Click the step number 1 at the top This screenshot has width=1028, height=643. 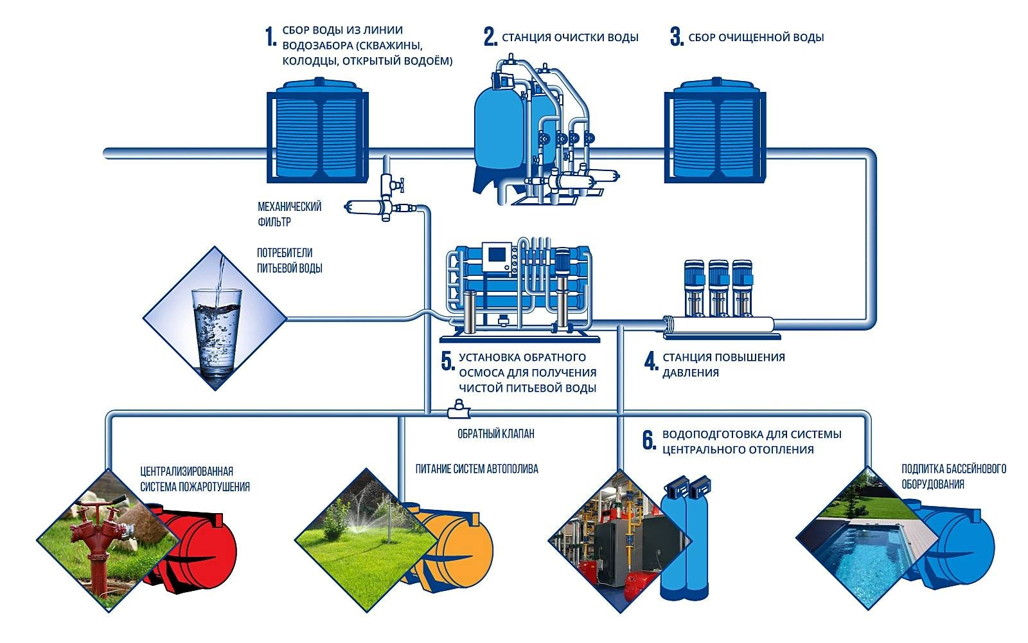tap(270, 37)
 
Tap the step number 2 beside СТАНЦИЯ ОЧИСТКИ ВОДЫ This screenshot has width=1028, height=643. tap(490, 37)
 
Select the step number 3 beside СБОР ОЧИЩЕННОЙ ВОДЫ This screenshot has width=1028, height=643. tap(676, 37)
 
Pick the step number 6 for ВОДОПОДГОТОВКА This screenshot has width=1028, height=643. tap(649, 440)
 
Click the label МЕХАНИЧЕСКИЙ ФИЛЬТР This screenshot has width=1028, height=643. tap(289, 214)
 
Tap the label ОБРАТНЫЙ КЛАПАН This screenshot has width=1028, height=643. tap(495, 434)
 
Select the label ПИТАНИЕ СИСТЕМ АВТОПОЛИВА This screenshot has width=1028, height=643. tap(477, 469)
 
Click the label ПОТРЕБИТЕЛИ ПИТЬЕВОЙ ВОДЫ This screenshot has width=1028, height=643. tap(290, 260)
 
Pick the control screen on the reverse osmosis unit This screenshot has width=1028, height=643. tap(497, 255)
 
